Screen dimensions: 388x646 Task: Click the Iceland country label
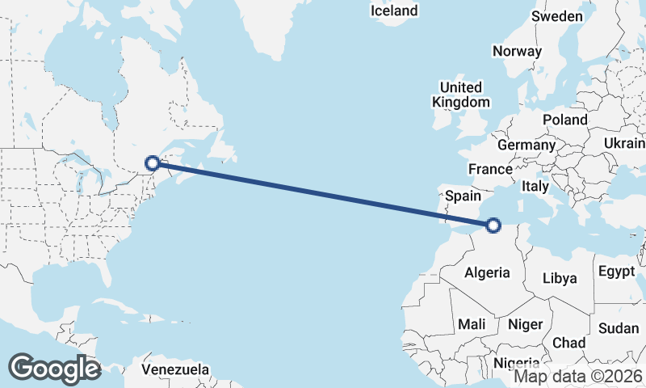click(x=394, y=11)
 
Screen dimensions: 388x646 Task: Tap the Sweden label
click(x=557, y=16)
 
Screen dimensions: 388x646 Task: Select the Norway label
click(x=517, y=51)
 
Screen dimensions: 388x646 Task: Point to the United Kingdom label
click(x=460, y=95)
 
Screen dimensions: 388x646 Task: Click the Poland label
click(x=565, y=120)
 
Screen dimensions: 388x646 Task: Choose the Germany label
click(x=526, y=145)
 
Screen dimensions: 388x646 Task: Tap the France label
click(x=490, y=169)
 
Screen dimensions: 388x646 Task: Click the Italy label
click(x=535, y=186)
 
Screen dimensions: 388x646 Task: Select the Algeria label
click(x=487, y=272)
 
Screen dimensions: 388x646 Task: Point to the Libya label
click(x=560, y=278)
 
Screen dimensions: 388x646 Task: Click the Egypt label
click(x=617, y=272)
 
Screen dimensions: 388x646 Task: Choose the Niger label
click(x=526, y=324)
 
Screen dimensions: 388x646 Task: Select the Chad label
click(x=568, y=343)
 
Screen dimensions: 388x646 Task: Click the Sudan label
click(x=619, y=328)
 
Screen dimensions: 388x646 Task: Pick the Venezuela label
click(x=175, y=369)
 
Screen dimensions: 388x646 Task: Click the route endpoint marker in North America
click(x=152, y=163)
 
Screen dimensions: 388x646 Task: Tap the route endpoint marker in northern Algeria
click(x=494, y=226)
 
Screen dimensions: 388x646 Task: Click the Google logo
click(x=55, y=369)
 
